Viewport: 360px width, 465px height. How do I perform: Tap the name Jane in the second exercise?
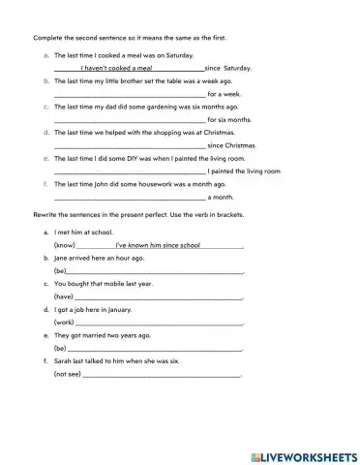61,259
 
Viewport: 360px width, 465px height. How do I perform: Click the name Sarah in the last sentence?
63,360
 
